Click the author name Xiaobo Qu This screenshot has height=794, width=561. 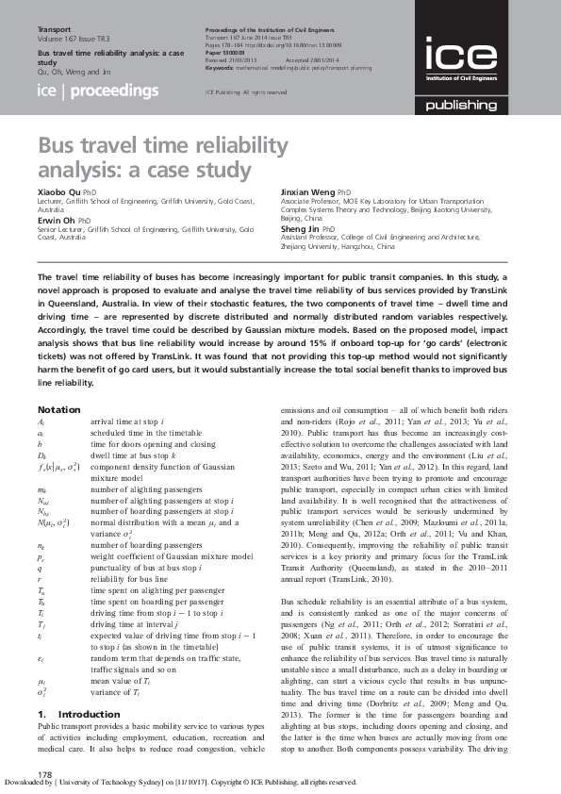click(58, 191)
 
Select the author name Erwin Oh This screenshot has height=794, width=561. click(58, 221)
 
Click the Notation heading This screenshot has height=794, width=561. click(58, 409)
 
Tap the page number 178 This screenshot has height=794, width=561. click(43, 773)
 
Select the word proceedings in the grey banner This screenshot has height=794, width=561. click(115, 91)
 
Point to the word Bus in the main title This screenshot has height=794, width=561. click(58, 147)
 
